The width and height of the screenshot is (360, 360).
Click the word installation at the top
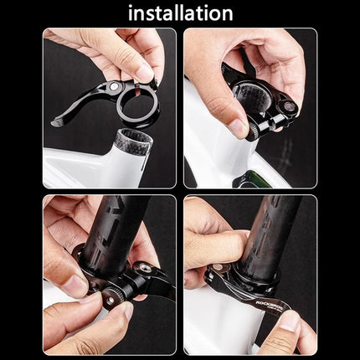(181, 13)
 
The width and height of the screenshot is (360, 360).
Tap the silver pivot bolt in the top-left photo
(113, 86)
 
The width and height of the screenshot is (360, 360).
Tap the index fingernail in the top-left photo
(146, 74)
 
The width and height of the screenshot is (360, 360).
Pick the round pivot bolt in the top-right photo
(289, 106)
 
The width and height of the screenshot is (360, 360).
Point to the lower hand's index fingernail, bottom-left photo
(127, 311)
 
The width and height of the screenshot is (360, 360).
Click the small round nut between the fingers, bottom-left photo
(111, 300)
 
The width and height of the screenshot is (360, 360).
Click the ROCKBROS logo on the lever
(270, 305)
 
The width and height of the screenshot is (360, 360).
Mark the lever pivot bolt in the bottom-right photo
(218, 267)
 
